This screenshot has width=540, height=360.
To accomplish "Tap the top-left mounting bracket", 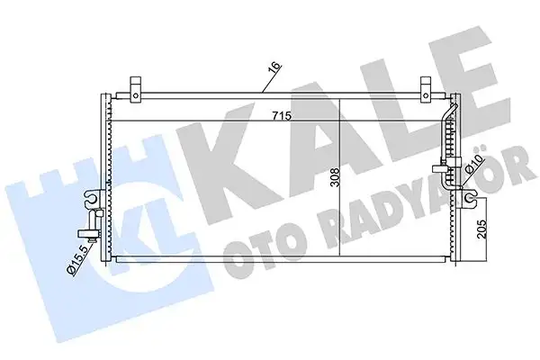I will [x=136, y=87].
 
